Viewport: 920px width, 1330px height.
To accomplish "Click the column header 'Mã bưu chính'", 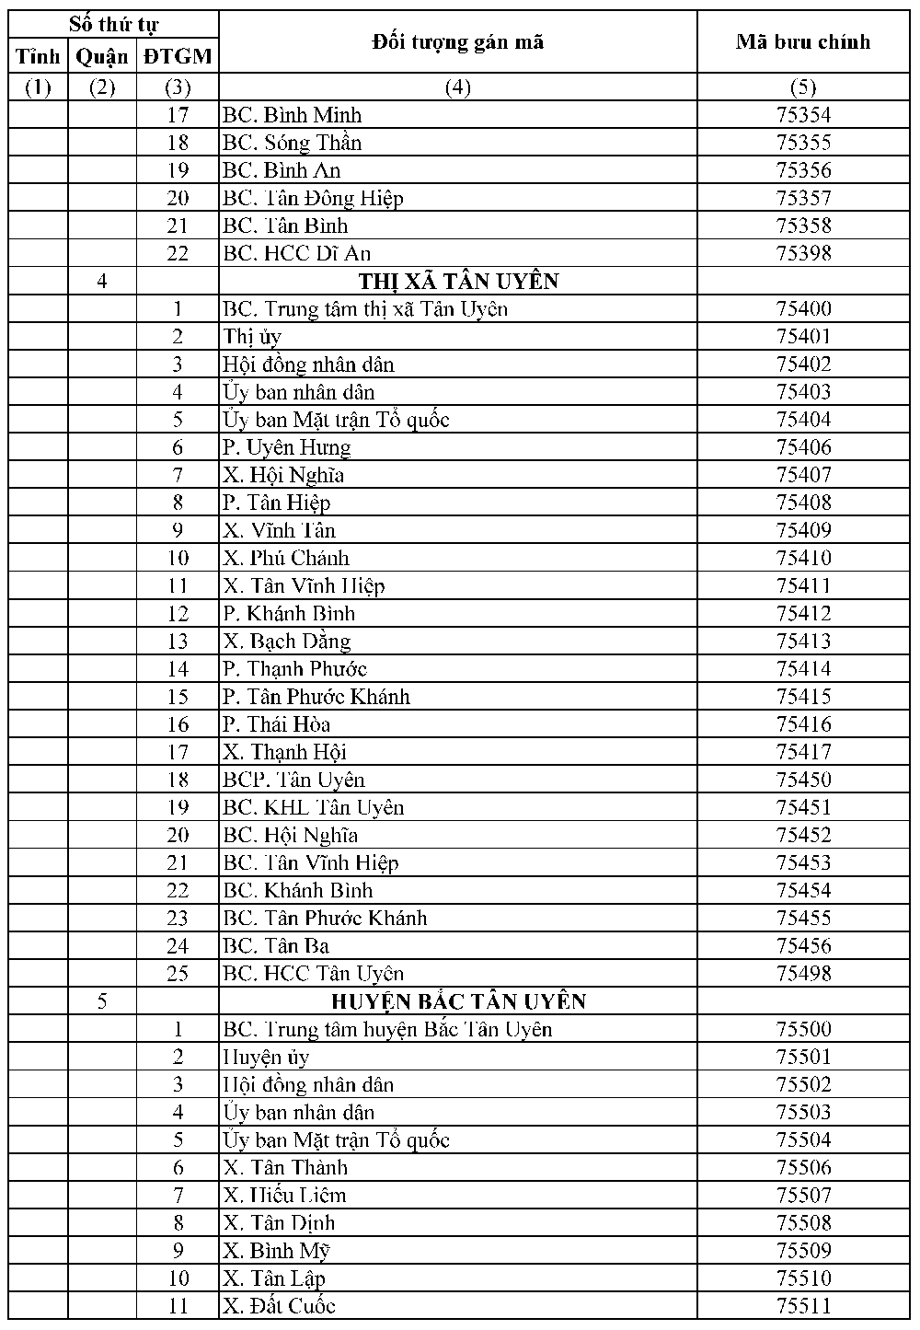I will click(x=802, y=41).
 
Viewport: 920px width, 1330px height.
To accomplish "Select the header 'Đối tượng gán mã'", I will click(x=457, y=41).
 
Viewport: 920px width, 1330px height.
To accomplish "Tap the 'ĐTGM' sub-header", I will click(x=178, y=57).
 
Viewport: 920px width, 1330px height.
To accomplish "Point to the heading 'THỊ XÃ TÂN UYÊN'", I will click(x=457, y=281).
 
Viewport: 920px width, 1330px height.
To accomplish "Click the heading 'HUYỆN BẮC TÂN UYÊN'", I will click(x=457, y=1000).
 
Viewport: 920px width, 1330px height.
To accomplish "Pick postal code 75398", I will click(x=803, y=253).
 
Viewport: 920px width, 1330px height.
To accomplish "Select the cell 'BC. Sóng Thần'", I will click(x=292, y=143).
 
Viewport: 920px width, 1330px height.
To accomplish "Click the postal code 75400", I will click(x=803, y=308).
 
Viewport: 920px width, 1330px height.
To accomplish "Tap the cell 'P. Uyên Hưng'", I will click(x=286, y=447).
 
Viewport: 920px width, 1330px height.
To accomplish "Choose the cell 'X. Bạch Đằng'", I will click(x=286, y=641).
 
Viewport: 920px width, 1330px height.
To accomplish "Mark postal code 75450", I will click(x=803, y=780).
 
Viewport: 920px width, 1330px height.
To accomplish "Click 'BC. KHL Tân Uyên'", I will click(x=313, y=807).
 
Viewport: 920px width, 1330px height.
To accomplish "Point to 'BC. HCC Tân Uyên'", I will click(x=313, y=973).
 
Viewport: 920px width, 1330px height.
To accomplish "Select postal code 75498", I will click(x=803, y=973).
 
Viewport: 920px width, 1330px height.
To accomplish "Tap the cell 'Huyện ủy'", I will click(x=266, y=1057).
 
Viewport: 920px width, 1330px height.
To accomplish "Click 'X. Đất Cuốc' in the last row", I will click(x=279, y=1305).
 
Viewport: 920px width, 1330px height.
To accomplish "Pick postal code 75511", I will click(x=803, y=1305).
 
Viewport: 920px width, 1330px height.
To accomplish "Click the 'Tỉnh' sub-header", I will click(x=38, y=57).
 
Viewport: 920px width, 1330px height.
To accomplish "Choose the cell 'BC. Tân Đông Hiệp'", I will click(x=313, y=198).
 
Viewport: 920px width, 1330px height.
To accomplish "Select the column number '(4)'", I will click(x=457, y=87).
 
